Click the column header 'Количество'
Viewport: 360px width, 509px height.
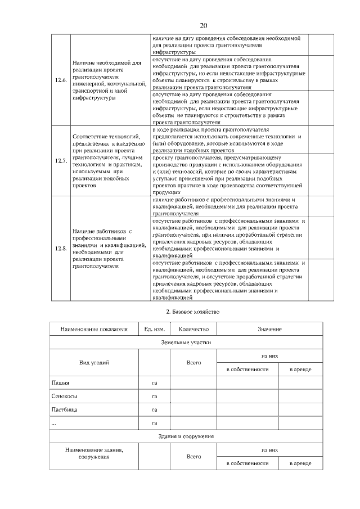[193, 328]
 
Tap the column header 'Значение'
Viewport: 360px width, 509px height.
[269, 328]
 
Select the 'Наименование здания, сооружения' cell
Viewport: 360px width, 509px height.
[94, 453]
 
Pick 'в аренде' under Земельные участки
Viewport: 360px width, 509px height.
[299, 370]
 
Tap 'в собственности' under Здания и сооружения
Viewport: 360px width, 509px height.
[247, 463]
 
